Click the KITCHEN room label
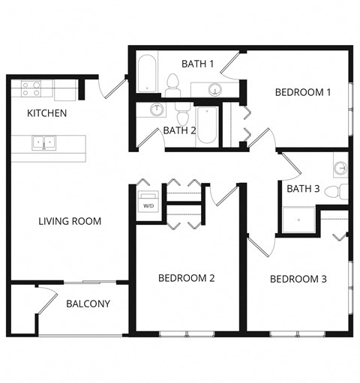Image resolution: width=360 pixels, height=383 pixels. pyautogui.click(x=47, y=114)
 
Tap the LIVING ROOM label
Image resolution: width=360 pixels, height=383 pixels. pyautogui.click(x=70, y=222)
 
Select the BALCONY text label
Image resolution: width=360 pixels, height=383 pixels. pyautogui.click(x=88, y=304)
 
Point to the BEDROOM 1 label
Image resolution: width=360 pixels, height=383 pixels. pyautogui.click(x=303, y=93)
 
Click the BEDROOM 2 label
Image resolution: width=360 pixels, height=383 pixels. pyautogui.click(x=187, y=278)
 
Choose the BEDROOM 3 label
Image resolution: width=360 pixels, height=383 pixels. pyautogui.click(x=298, y=279)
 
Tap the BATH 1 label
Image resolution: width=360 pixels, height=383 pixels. pyautogui.click(x=198, y=64)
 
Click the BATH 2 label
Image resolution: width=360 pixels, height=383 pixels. pyautogui.click(x=179, y=130)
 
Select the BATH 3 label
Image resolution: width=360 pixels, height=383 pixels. pyautogui.click(x=303, y=189)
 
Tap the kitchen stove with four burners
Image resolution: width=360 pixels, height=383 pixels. pyautogui.click(x=31, y=89)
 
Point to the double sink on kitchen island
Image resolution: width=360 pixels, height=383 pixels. pyautogui.click(x=43, y=141)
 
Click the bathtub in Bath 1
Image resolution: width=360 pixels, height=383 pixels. pyautogui.click(x=147, y=75)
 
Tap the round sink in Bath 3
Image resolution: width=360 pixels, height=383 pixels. pyautogui.click(x=340, y=166)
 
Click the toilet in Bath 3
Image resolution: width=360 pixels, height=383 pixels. pyautogui.click(x=341, y=190)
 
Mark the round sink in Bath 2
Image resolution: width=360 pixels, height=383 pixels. pyautogui.click(x=157, y=111)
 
